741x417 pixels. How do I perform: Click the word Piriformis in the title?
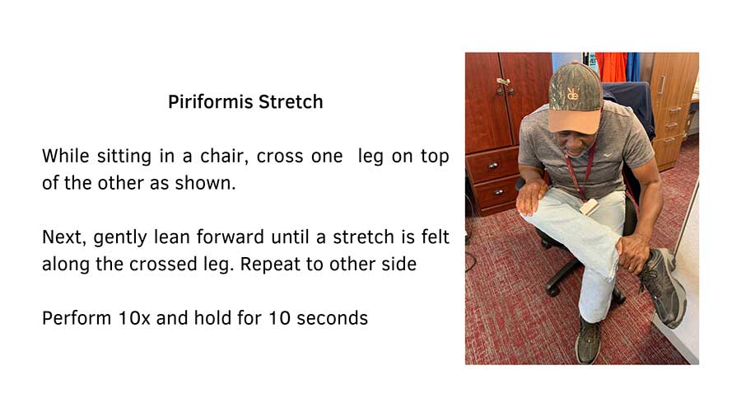209,102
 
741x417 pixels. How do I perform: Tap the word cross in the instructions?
282,156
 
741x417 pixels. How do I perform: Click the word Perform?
72,317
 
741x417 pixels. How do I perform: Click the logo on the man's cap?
572,93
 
